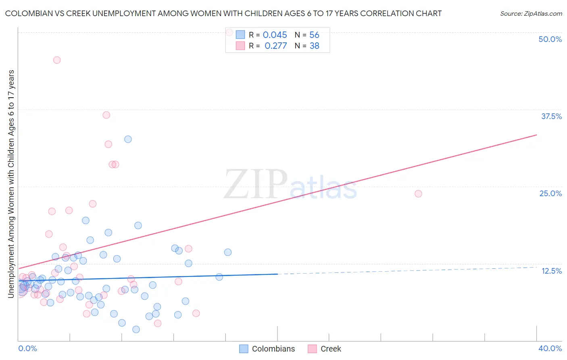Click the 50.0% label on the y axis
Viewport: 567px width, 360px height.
[550, 39]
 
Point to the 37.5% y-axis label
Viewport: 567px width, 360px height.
[551, 116]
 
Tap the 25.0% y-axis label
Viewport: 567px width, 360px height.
[550, 193]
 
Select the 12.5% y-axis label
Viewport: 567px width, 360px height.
[551, 271]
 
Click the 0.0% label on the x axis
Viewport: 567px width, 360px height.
[27, 348]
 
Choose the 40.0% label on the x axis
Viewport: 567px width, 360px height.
[550, 348]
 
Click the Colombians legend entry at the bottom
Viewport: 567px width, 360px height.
[273, 349]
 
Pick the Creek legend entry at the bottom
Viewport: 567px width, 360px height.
[330, 349]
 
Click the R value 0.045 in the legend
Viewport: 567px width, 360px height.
[275, 35]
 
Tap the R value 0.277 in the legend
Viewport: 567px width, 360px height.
[275, 46]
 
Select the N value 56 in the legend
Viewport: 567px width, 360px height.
[314, 35]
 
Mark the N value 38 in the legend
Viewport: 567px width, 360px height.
[314, 46]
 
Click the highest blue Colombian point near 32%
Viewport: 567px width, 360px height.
[128, 139]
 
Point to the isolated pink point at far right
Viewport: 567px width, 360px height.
[418, 194]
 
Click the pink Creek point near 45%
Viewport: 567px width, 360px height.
[57, 60]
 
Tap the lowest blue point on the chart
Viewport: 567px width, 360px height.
[136, 329]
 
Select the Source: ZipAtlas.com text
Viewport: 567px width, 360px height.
[531, 13]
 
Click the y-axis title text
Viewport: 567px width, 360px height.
[11, 184]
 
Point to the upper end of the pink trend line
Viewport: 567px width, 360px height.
[536, 135]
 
